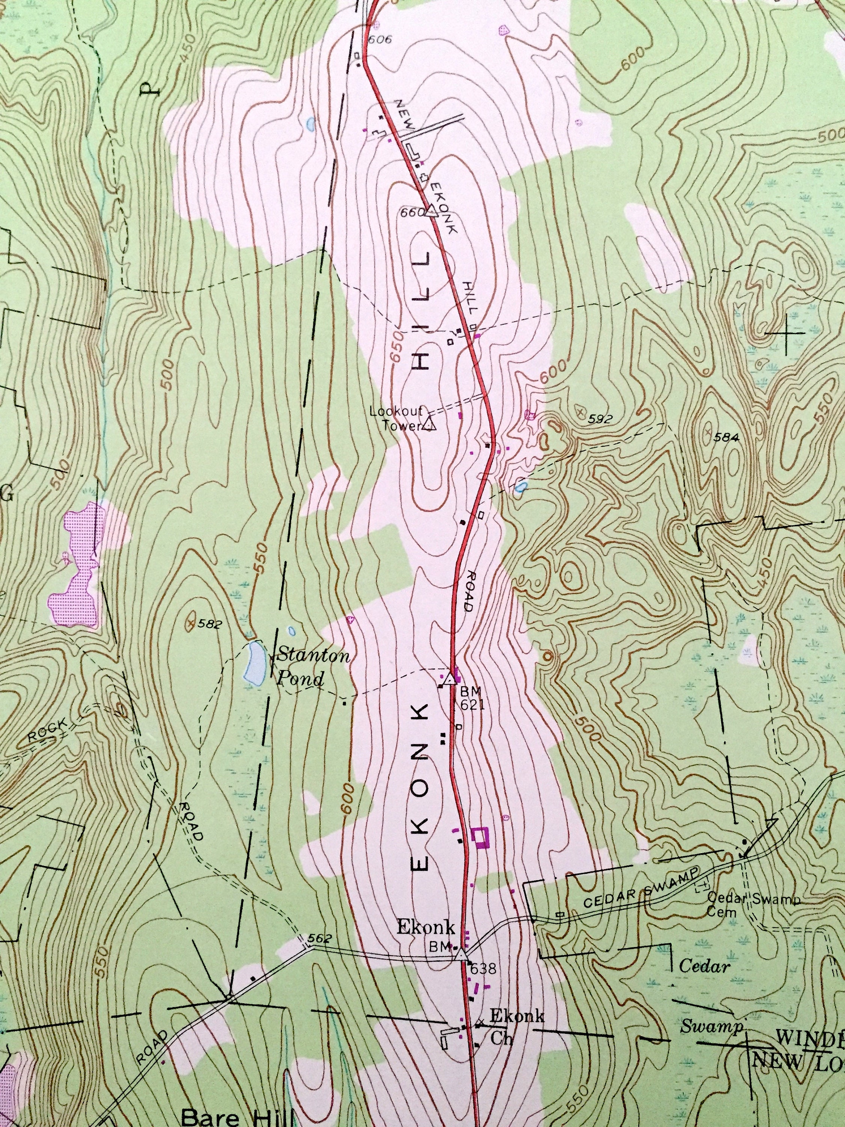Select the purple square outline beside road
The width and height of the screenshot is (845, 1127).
(x=479, y=837)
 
